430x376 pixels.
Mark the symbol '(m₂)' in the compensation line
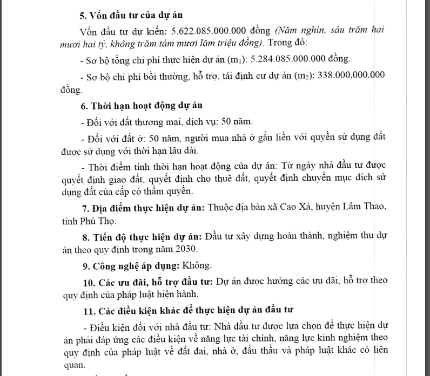pyautogui.click(x=295, y=75)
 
